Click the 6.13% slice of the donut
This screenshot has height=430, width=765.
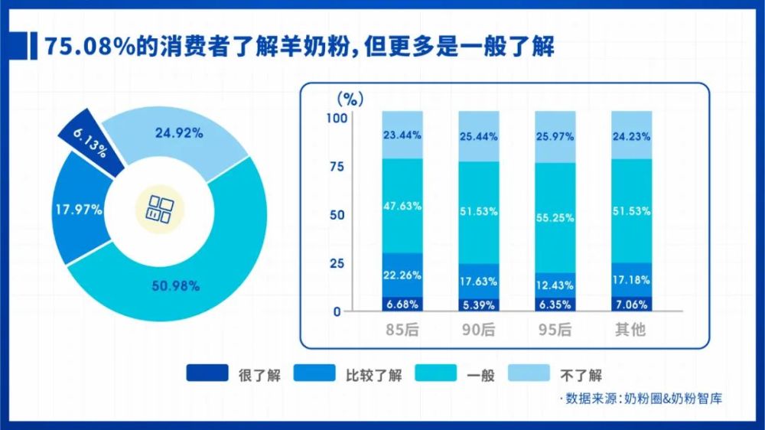(90, 142)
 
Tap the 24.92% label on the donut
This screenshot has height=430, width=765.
(178, 133)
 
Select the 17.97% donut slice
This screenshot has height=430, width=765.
(78, 209)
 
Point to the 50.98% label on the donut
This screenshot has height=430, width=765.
(175, 286)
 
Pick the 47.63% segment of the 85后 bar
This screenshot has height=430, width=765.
(402, 205)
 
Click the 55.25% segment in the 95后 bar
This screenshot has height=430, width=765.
(555, 217)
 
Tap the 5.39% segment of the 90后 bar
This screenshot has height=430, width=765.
(479, 305)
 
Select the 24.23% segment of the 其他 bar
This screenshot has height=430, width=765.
(632, 135)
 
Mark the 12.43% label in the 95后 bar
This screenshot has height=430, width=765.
(555, 285)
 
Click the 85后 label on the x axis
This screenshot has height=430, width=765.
(402, 331)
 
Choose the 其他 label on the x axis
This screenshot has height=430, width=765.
(632, 331)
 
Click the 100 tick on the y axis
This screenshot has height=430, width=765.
(337, 118)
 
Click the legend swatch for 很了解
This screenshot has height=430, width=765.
(207, 374)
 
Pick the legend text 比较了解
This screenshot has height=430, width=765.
(374, 375)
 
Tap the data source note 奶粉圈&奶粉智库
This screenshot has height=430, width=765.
(673, 399)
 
